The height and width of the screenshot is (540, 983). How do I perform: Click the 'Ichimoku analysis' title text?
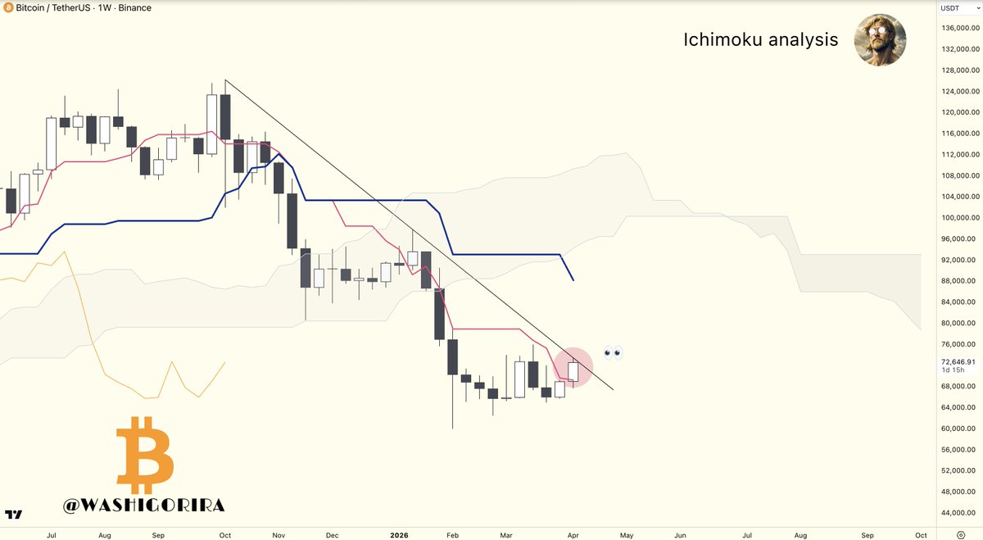pyautogui.click(x=760, y=39)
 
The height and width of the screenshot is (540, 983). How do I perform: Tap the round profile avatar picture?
pyautogui.click(x=879, y=39)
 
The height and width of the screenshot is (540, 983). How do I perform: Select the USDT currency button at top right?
pyautogui.click(x=949, y=8)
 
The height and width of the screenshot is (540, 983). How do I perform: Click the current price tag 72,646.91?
pyautogui.click(x=958, y=361)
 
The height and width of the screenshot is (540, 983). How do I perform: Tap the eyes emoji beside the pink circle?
pyautogui.click(x=613, y=353)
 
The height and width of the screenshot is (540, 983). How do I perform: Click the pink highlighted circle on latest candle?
pyautogui.click(x=573, y=368)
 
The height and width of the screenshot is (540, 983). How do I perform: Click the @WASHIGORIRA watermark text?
pyautogui.click(x=143, y=506)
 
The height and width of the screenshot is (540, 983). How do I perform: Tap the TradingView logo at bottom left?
pyautogui.click(x=13, y=515)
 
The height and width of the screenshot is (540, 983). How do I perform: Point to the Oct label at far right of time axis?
pyautogui.click(x=921, y=535)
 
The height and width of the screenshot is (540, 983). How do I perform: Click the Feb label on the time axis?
pyautogui.click(x=452, y=535)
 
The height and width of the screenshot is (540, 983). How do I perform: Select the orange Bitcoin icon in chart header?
pyautogui.click(x=7, y=8)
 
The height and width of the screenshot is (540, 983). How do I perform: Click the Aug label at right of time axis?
pyautogui.click(x=801, y=535)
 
